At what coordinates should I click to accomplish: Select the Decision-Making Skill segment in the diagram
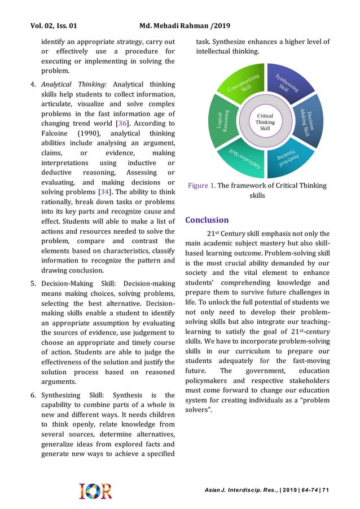click(x=314, y=123)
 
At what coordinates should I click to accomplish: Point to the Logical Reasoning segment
click(x=219, y=121)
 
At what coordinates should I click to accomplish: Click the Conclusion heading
click(x=207, y=220)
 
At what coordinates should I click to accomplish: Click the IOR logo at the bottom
click(x=95, y=490)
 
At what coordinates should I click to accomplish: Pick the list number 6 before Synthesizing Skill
click(x=33, y=396)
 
